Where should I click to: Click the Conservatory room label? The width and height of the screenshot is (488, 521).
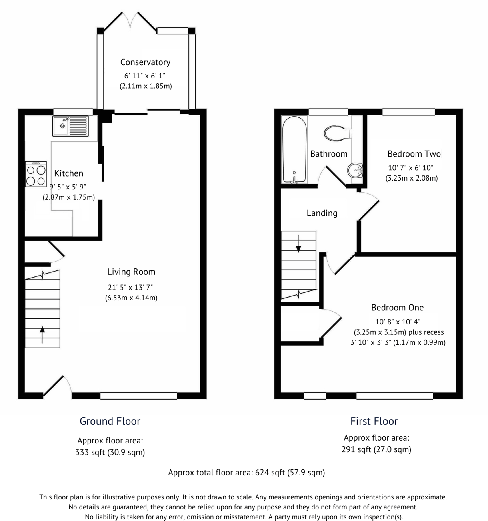[145, 62]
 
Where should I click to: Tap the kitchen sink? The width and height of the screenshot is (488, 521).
[70, 125]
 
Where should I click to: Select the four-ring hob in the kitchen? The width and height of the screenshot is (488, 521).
[36, 174]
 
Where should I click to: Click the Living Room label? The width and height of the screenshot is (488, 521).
[131, 272]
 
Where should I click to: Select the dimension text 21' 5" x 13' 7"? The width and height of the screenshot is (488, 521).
[130, 287]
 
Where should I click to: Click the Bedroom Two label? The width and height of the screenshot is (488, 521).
[414, 154]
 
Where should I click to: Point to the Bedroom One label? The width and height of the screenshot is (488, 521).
[397, 308]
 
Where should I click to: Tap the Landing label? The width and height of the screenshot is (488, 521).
[322, 213]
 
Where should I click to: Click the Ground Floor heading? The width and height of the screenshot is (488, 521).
[110, 421]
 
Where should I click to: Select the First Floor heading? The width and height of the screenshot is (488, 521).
[374, 421]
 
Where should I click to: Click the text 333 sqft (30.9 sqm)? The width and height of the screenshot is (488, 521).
[110, 452]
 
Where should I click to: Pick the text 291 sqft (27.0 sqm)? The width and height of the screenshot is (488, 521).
[376, 449]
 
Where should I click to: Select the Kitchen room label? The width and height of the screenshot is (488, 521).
[69, 173]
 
